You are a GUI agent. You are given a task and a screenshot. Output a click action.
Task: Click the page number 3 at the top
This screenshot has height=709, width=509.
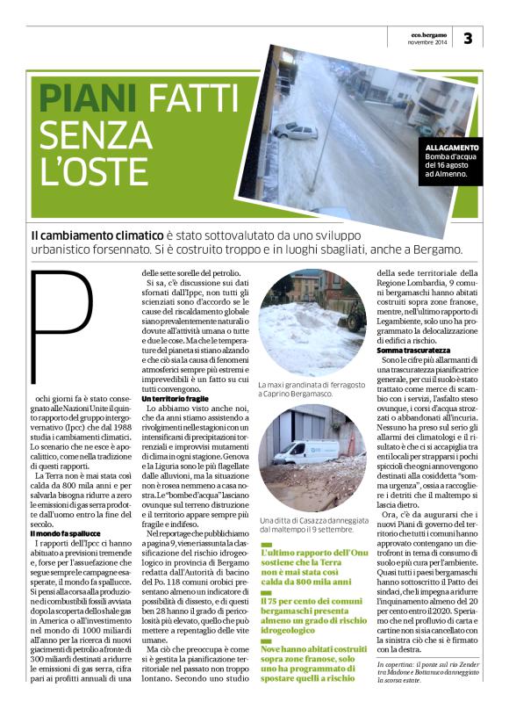[467, 38]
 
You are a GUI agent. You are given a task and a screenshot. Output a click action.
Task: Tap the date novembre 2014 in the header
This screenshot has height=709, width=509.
[428, 42]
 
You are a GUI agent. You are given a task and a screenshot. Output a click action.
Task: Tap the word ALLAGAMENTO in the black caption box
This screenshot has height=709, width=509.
[454, 147]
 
